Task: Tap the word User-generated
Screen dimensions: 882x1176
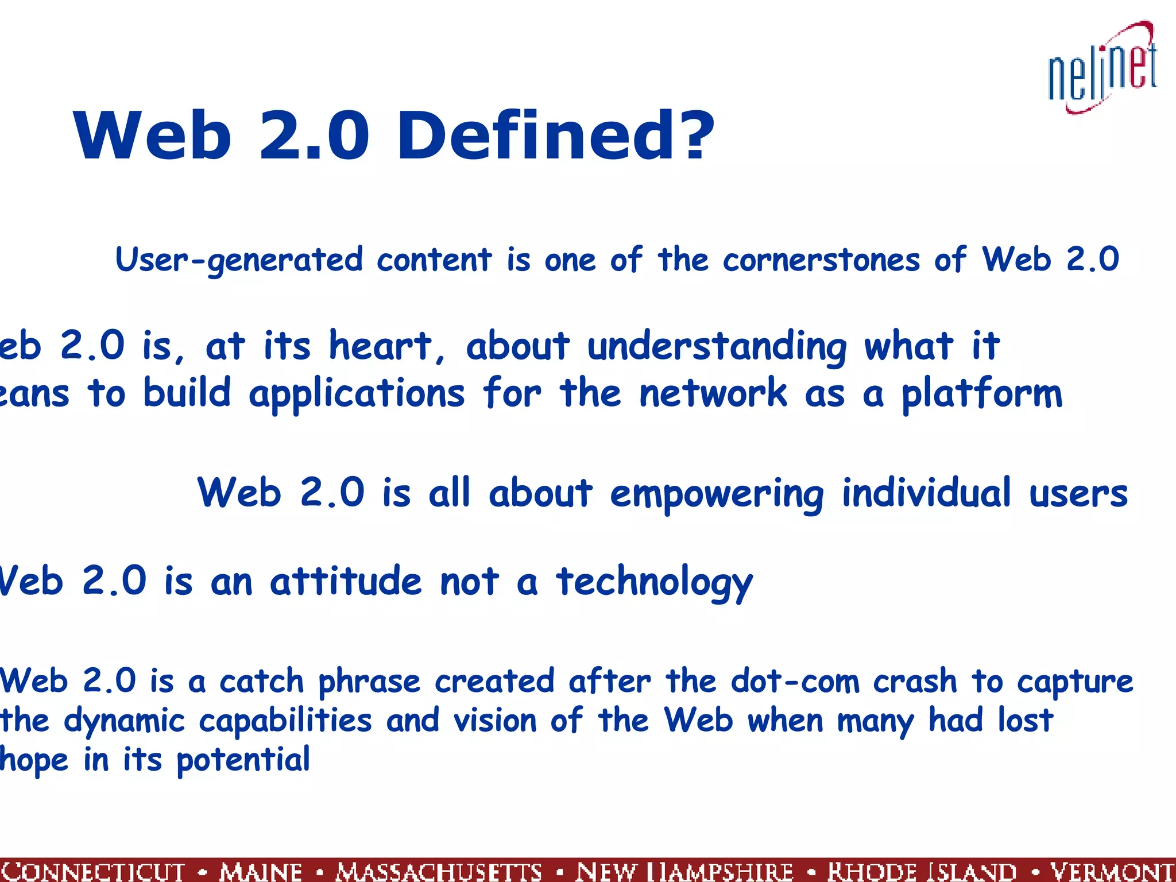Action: pos(239,260)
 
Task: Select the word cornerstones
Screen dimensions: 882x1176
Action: pos(821,260)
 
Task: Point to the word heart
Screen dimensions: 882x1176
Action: pos(380,346)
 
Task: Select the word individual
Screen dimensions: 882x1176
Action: pos(926,493)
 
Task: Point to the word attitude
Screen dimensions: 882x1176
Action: pos(346,581)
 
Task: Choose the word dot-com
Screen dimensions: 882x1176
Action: pos(795,682)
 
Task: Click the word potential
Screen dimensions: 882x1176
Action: pos(243,760)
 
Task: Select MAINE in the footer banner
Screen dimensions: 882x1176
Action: pos(261,872)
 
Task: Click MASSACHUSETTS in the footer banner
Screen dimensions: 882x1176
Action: pos(439,872)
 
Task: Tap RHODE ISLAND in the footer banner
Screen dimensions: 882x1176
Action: pos(922,872)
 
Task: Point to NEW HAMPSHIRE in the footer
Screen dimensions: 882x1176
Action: pos(684,872)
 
